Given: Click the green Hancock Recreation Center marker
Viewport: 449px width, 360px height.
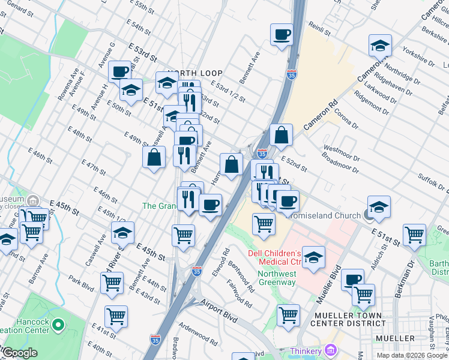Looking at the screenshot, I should (x=58, y=325).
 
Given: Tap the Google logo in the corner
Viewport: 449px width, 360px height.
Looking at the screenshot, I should (x=19, y=353).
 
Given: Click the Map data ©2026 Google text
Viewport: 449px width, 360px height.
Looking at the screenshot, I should (x=412, y=355).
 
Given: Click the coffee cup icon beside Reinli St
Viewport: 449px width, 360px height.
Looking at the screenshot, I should (x=282, y=35).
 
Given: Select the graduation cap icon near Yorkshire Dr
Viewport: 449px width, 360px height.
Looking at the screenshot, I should (x=379, y=46).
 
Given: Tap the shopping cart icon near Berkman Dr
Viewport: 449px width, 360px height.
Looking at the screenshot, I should (x=414, y=235).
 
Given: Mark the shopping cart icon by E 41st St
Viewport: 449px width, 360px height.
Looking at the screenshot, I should (x=116, y=316).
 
